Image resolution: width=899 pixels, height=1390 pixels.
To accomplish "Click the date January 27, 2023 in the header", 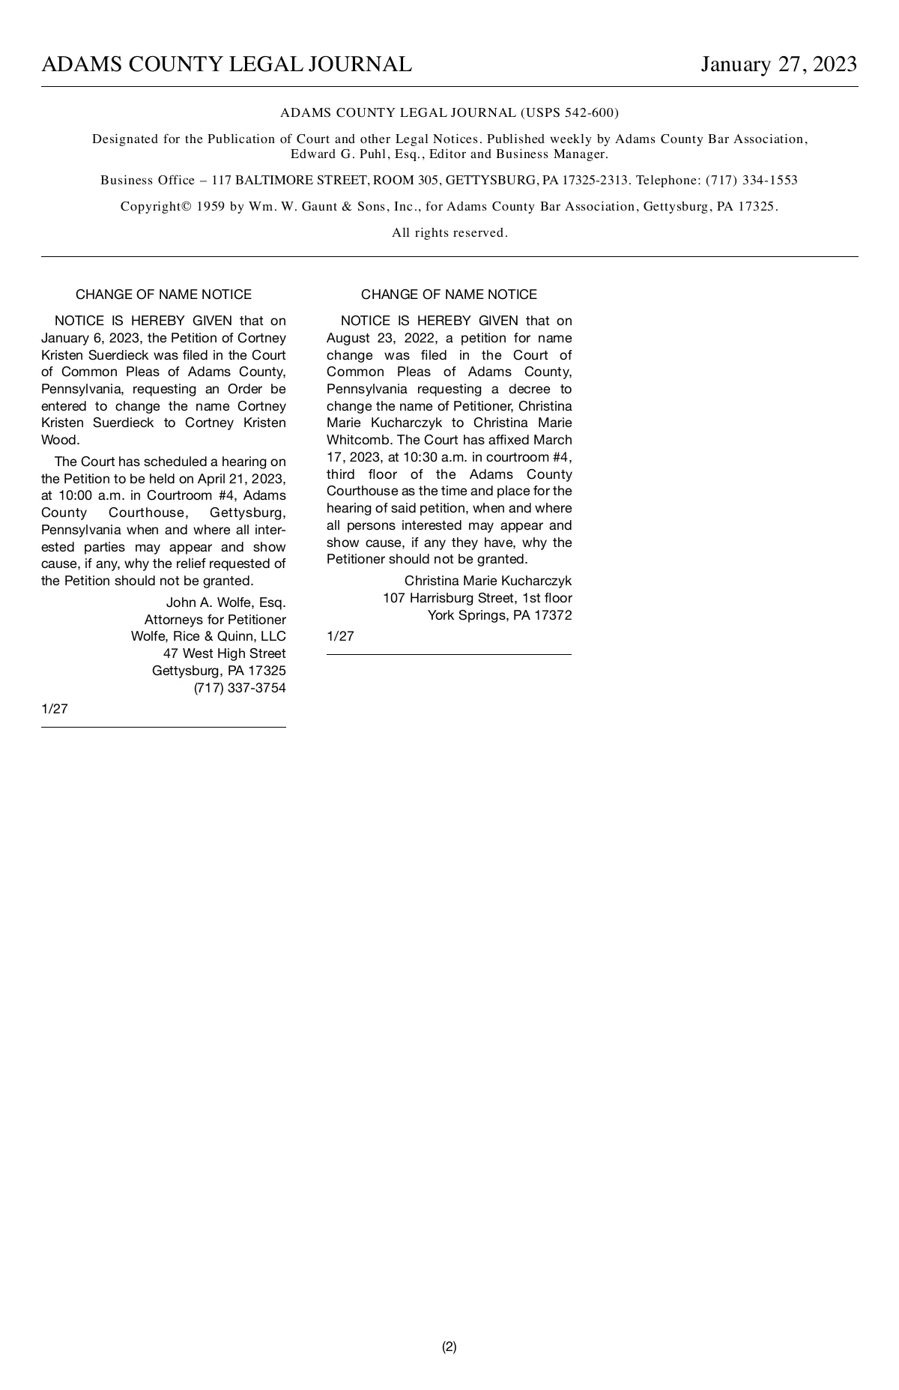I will (778, 64).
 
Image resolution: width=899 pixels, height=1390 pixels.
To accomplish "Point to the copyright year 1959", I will (211, 207).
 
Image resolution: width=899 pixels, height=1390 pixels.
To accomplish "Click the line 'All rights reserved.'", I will (449, 233).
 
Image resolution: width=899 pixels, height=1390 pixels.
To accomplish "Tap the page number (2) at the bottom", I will (449, 1347).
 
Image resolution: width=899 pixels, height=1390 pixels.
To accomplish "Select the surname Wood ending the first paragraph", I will (60, 440).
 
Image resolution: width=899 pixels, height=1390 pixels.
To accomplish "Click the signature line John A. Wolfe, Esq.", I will (225, 602).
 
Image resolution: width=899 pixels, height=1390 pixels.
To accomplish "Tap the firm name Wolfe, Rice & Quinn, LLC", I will (208, 636).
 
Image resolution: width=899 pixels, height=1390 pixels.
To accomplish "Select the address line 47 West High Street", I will (224, 653).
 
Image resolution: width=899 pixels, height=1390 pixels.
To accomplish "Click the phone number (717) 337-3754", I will (240, 688).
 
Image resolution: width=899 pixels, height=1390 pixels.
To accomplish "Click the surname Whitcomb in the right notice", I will (359, 440).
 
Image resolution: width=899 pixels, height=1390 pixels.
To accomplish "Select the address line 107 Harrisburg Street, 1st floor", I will (477, 598).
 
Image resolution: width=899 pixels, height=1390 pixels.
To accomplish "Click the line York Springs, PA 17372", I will (499, 615).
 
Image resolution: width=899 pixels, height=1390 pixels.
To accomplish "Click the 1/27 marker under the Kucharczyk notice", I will (340, 636).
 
